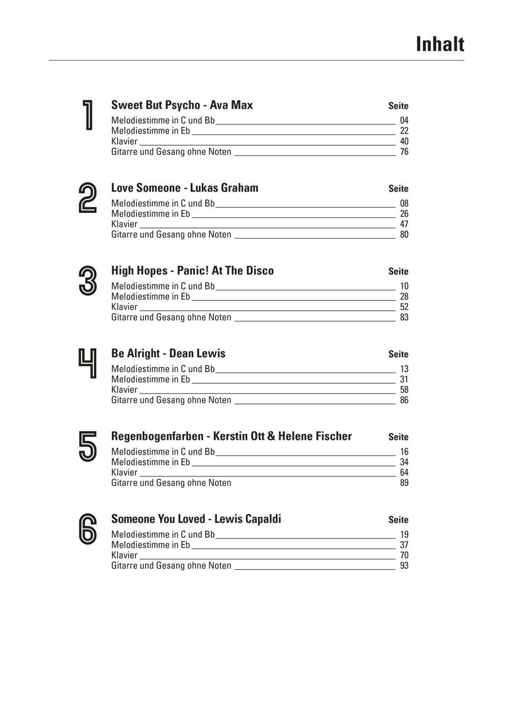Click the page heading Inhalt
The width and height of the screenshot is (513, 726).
point(439,44)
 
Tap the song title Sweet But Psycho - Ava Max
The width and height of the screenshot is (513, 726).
point(182,105)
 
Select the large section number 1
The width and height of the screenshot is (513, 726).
point(88,116)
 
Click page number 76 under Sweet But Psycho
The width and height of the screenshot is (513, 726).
point(404,152)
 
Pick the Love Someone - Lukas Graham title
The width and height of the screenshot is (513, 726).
point(184,188)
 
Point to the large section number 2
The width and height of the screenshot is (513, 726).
point(88,198)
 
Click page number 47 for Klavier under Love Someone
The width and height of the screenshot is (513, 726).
point(404,224)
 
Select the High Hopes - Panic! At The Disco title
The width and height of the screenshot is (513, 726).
point(192,271)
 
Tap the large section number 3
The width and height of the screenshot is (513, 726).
point(88,281)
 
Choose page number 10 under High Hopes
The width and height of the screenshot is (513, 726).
point(404,287)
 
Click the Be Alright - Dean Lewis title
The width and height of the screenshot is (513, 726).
point(168,353)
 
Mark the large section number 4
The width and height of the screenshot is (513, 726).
point(88,364)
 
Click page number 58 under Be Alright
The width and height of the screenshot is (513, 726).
point(404,390)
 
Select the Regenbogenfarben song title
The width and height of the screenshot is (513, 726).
point(231,436)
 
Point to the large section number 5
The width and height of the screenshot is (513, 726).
point(88,447)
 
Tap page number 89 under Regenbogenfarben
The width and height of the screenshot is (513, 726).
point(404,483)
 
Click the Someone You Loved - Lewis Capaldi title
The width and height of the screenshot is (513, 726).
point(196,519)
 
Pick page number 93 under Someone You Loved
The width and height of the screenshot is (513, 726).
point(404,566)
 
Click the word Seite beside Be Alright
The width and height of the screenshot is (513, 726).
point(398,354)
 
